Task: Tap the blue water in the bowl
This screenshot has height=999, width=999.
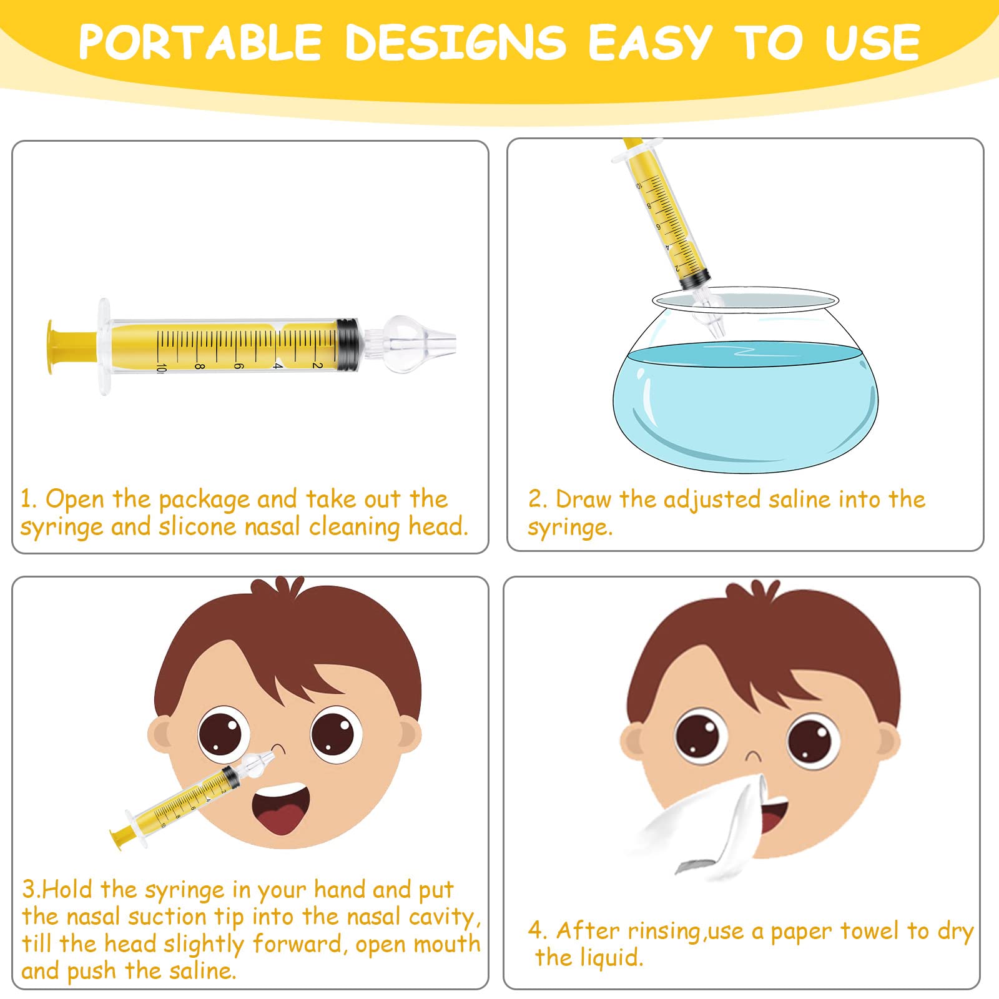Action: (746, 406)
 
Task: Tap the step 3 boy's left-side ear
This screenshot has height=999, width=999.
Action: (161, 737)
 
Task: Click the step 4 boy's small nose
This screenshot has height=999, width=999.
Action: (754, 755)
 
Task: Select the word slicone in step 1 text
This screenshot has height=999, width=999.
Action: (198, 527)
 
